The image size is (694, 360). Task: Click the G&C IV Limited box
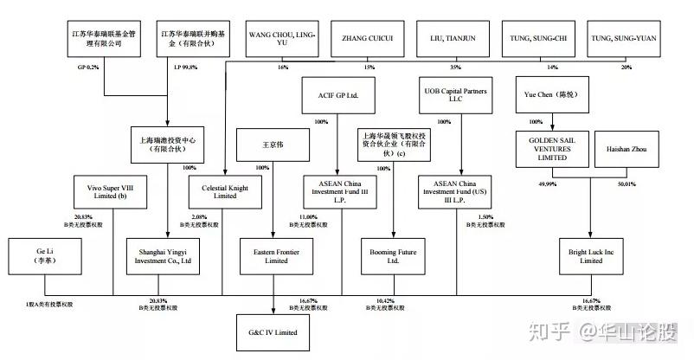[274, 331]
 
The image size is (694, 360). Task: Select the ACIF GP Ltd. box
[338, 94]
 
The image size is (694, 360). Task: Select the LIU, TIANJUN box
[453, 39]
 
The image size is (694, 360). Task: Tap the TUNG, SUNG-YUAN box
[622, 39]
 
